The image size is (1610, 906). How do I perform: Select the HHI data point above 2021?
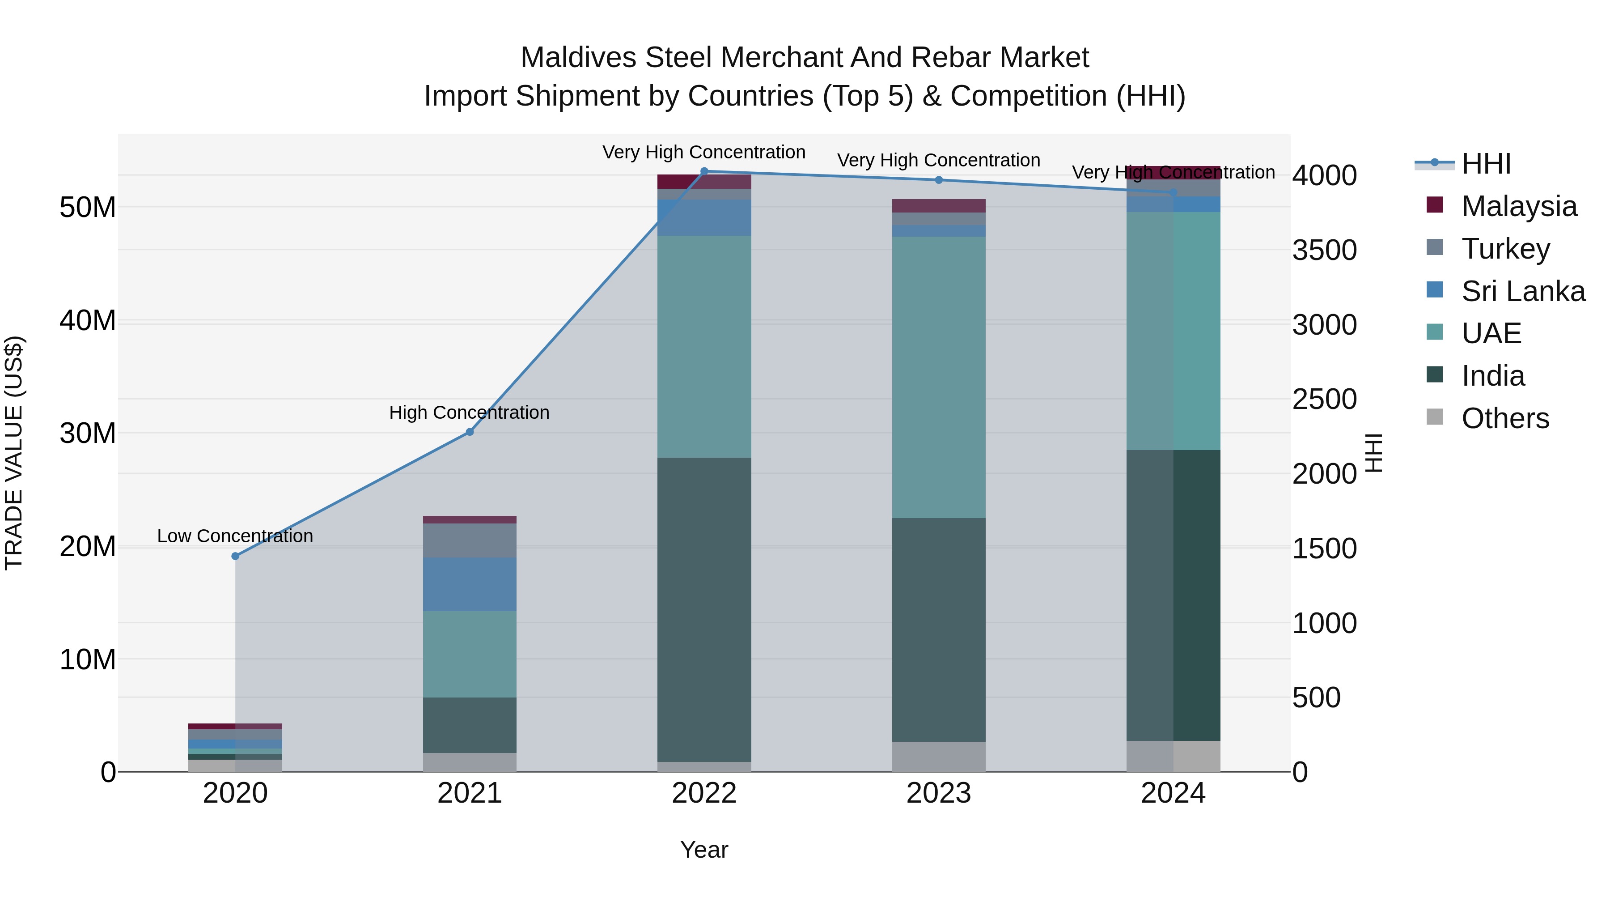(x=470, y=431)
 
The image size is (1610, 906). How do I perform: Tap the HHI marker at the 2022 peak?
(x=704, y=171)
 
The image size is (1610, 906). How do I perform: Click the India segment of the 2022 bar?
(x=704, y=610)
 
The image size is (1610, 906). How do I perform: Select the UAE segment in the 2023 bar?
(x=939, y=377)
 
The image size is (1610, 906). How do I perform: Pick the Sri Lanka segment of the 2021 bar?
(x=470, y=584)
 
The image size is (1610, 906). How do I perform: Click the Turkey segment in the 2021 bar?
(x=470, y=540)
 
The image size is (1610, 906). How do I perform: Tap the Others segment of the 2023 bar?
(x=939, y=757)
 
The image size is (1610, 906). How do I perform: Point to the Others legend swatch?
(x=1435, y=417)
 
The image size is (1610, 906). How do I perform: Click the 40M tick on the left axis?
(x=88, y=320)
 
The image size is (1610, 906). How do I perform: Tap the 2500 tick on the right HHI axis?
(x=1324, y=399)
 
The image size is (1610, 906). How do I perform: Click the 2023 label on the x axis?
(x=939, y=793)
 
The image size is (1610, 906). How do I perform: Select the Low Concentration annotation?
(x=235, y=536)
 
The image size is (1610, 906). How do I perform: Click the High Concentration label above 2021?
(x=470, y=413)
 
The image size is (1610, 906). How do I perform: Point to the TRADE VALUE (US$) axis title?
(x=14, y=453)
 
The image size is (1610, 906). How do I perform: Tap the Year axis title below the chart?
(x=704, y=850)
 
